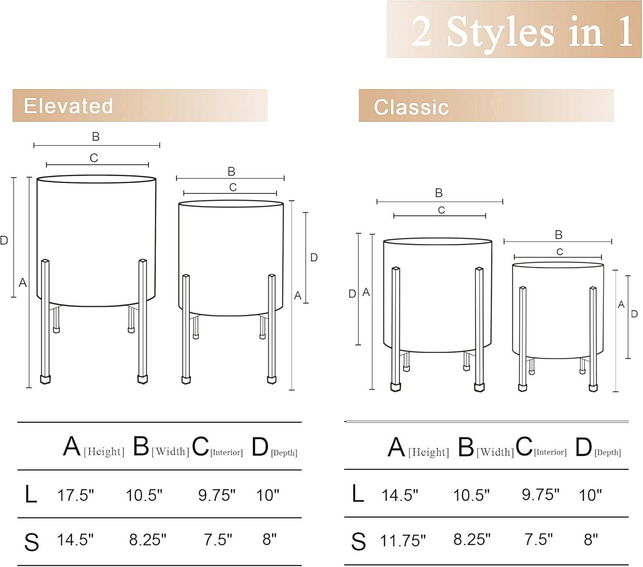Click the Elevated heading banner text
[x=68, y=106]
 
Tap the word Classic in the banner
[x=412, y=107]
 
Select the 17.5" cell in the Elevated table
[x=75, y=495]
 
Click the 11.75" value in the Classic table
[x=403, y=541]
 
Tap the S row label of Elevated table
[x=31, y=542]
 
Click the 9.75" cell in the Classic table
[x=541, y=494]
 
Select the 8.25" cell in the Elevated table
[x=147, y=540]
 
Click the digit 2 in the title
[x=421, y=31]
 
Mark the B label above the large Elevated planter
[x=96, y=136]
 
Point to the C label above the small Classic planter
[x=559, y=252]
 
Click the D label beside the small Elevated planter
[x=314, y=257]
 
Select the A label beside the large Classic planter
[x=366, y=292]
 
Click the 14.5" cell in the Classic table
[x=400, y=495]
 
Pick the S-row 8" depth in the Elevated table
[x=270, y=539]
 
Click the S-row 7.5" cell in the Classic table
[x=538, y=539]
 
